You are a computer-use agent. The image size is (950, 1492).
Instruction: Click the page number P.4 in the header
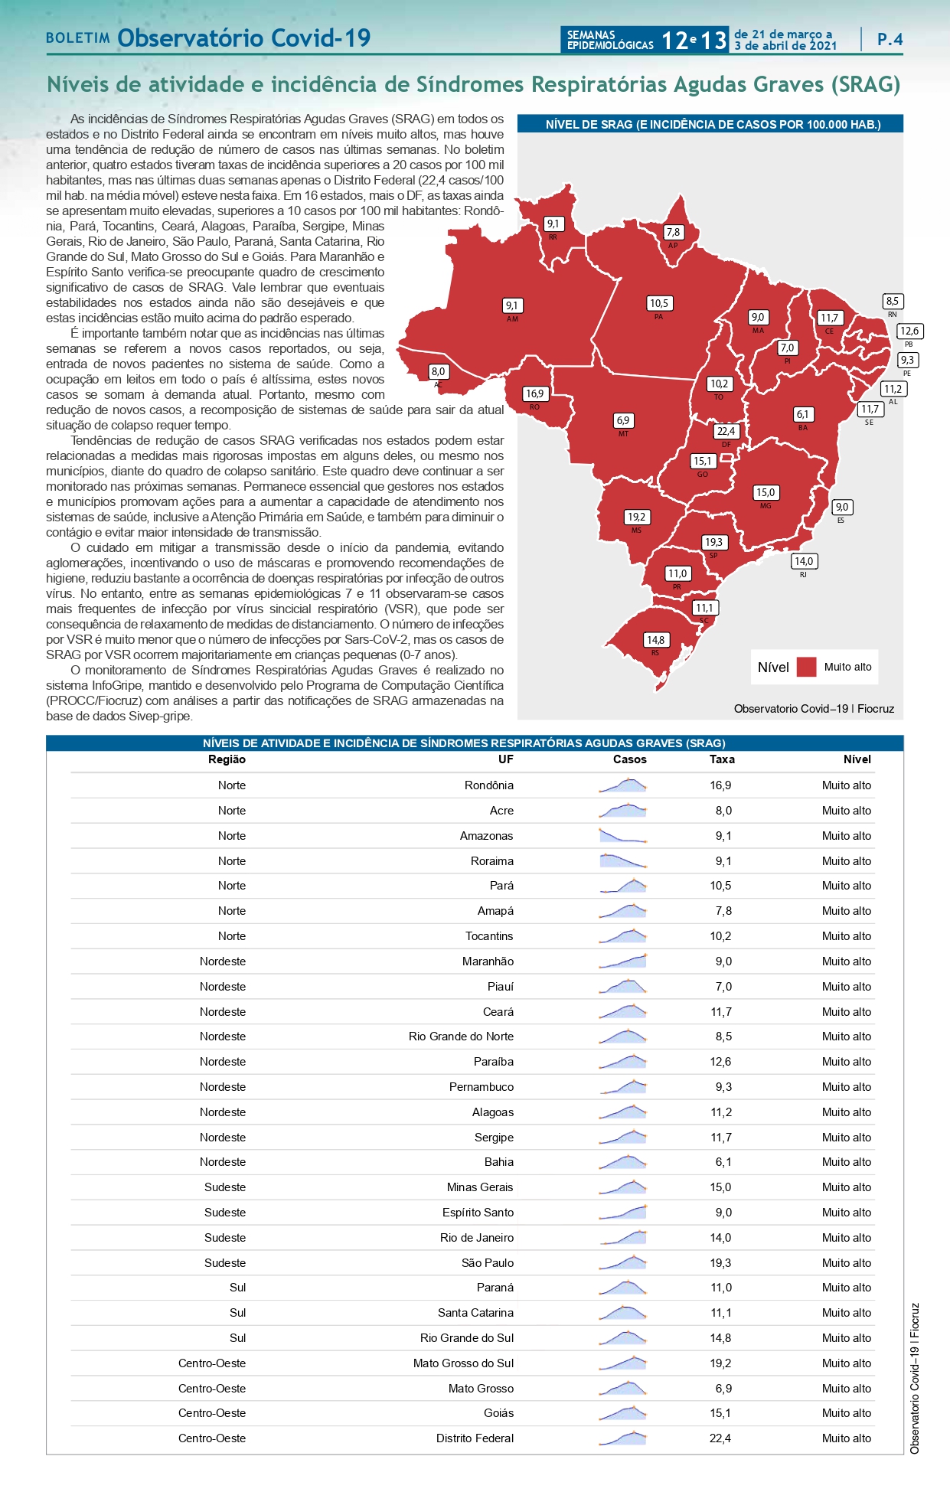point(890,39)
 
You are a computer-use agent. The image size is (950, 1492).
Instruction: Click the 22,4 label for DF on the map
point(726,431)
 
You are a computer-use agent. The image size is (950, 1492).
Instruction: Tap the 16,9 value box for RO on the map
point(534,393)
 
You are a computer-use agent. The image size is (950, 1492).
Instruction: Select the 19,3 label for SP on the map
point(713,542)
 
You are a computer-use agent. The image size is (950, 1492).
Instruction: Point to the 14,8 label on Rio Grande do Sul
point(655,639)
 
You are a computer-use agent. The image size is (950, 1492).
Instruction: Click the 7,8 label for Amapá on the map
point(673,232)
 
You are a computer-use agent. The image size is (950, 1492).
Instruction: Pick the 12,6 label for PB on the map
point(909,331)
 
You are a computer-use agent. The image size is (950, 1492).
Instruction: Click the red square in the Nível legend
point(806,667)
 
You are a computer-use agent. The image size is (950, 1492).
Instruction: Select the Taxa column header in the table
point(722,759)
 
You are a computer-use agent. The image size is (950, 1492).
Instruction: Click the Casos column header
point(629,759)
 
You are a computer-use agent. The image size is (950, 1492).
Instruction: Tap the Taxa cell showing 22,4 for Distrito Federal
point(720,1438)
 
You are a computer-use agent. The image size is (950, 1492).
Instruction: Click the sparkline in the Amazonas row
point(623,836)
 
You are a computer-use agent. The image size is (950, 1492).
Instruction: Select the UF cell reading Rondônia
point(489,785)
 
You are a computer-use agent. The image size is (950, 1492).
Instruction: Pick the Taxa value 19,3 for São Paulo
point(720,1263)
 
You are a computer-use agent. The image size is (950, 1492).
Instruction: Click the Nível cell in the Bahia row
point(847,1162)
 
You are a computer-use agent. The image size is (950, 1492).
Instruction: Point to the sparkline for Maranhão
point(623,961)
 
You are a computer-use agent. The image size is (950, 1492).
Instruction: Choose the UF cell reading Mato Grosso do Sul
point(463,1363)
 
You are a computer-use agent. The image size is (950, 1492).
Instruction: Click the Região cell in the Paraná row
point(238,1288)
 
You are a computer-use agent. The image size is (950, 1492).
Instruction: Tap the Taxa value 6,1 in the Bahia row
point(723,1162)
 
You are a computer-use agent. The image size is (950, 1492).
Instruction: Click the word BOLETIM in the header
point(78,38)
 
